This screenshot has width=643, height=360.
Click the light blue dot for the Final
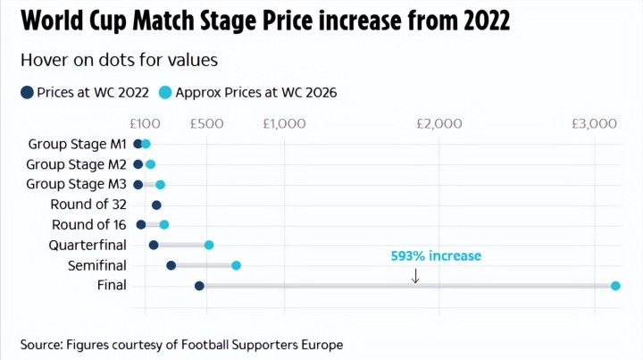click(615, 286)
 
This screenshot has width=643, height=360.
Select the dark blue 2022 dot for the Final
click(199, 286)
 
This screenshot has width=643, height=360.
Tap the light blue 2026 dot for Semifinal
click(237, 265)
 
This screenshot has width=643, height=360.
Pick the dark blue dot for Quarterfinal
click(154, 245)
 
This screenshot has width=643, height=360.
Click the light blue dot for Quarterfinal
click(209, 245)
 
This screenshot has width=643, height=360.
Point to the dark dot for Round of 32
click(156, 205)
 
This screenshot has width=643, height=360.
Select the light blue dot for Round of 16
click(163, 225)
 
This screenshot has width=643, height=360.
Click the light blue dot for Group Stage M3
click(160, 185)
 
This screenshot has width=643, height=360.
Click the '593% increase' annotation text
click(436, 255)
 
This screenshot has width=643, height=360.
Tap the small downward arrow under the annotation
click(415, 275)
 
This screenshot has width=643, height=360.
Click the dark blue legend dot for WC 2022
click(27, 92)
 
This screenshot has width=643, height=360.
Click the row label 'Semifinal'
click(97, 265)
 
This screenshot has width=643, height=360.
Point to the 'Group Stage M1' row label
click(78, 144)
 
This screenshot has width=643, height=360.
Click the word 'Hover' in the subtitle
click(41, 61)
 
